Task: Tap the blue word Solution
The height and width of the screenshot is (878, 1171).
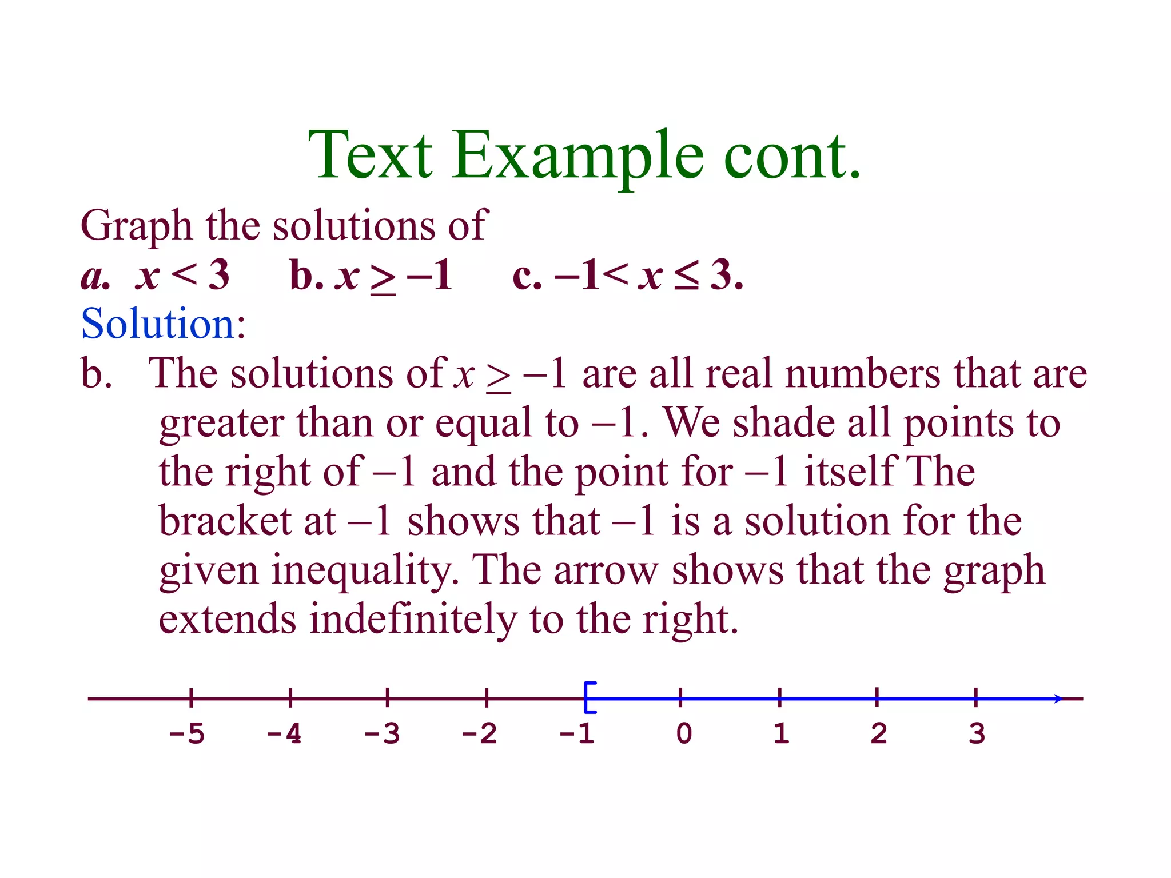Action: coord(158,324)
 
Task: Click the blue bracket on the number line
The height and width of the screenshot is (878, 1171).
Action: coord(589,697)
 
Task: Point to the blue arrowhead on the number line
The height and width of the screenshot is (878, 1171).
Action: coord(1058,699)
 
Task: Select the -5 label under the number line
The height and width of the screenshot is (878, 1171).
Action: coord(186,733)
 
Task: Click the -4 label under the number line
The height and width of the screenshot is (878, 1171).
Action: coord(284,733)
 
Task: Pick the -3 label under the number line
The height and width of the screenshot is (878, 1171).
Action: coord(382,733)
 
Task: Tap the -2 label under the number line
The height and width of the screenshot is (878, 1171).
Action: coord(479,733)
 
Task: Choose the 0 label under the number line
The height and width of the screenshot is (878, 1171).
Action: coord(684,733)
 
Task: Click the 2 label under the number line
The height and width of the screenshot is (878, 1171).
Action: coord(879,733)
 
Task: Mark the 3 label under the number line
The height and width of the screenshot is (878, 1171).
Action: coord(977,733)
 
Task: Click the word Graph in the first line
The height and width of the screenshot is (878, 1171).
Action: coord(136,226)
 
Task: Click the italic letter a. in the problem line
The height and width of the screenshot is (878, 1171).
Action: coord(95,276)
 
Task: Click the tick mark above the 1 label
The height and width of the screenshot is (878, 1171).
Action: coord(779,697)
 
